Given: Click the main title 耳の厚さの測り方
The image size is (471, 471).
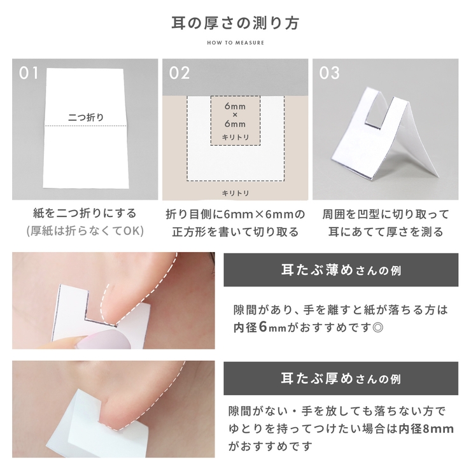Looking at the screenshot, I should coord(236,24).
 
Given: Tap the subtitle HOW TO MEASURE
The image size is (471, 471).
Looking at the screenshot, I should coord(236,43).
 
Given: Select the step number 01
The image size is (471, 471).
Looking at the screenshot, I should coord(29,73).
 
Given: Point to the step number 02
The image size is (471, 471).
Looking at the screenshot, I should coord(179,73).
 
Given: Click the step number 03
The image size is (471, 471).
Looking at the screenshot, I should coord(330,73).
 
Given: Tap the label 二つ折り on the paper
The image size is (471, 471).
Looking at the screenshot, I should coord(85,117).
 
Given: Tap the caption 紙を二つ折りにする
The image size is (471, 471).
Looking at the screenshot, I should coord(85,214).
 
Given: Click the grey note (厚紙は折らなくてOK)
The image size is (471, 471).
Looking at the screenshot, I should coord(85,231).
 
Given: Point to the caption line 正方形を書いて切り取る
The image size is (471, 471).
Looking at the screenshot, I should coord(236,232).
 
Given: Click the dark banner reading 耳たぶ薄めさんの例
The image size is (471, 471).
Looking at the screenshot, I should coord(341,270).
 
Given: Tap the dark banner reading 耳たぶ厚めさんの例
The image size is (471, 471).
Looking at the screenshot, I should coord(341,379).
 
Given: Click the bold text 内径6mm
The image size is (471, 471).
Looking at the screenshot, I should coord(260,328).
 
